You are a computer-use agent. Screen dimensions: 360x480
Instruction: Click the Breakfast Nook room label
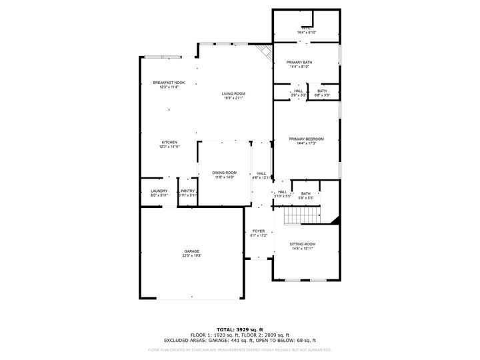pyautogui.click(x=169, y=83)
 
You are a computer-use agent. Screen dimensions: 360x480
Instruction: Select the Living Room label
pyautogui.click(x=233, y=93)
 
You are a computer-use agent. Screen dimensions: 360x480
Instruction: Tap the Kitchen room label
pyautogui.click(x=169, y=142)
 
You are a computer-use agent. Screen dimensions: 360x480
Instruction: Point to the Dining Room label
pyautogui.click(x=225, y=172)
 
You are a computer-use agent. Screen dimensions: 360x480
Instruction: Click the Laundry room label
pyautogui.click(x=159, y=191)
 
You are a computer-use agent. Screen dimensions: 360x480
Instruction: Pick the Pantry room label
pyautogui.click(x=188, y=191)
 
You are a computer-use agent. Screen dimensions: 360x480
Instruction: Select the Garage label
pyautogui.click(x=192, y=251)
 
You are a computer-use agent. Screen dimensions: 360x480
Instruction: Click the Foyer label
pyautogui.click(x=259, y=231)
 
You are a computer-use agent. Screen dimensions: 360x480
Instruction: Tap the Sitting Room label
pyautogui.click(x=303, y=244)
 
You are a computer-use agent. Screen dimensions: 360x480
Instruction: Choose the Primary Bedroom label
pyautogui.click(x=306, y=139)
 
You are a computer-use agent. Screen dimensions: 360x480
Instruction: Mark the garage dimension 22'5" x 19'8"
pyautogui.click(x=192, y=255)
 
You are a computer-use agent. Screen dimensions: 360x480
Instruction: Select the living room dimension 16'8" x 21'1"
pyautogui.click(x=233, y=98)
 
